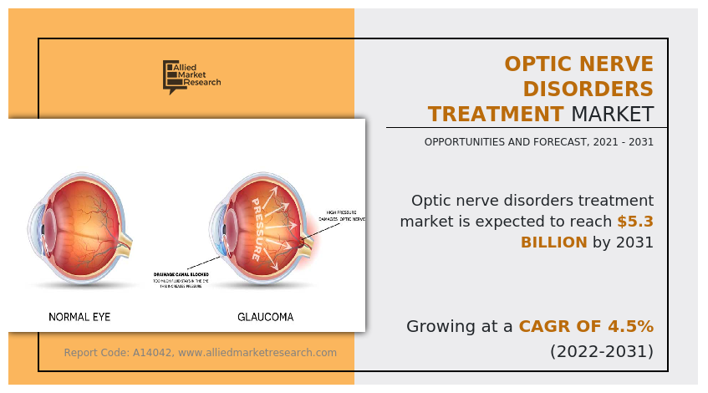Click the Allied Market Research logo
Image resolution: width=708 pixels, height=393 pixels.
(191, 77)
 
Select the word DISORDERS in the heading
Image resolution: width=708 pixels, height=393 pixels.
(584, 89)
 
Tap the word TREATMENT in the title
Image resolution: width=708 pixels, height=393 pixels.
(496, 114)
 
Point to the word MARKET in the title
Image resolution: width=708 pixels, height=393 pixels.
(612, 114)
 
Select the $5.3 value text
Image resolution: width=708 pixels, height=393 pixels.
(635, 222)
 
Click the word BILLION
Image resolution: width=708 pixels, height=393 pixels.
(553, 242)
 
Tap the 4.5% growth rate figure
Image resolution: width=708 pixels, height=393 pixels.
(629, 326)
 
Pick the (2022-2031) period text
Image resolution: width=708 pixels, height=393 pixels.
(601, 350)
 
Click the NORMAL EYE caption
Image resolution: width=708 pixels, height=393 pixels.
(79, 317)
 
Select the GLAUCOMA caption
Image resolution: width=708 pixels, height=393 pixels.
(265, 317)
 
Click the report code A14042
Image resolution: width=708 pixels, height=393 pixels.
(153, 353)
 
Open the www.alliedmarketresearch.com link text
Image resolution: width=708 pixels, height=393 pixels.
(257, 353)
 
